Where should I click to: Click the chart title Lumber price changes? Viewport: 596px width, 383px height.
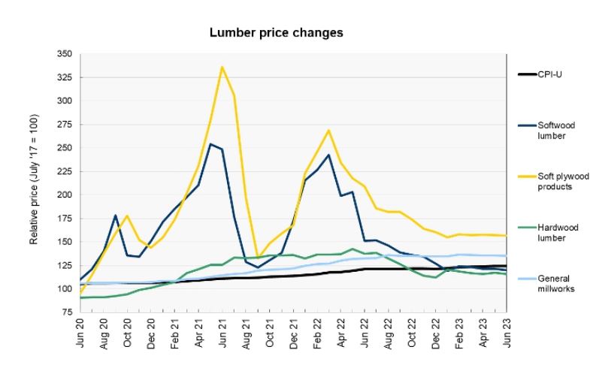276,34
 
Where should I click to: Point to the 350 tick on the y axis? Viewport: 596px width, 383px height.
66,54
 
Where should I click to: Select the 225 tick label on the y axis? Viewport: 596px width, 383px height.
66,172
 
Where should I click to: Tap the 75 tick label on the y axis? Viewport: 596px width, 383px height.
68,312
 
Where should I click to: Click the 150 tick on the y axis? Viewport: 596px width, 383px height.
66,242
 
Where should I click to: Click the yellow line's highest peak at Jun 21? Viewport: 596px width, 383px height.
222,67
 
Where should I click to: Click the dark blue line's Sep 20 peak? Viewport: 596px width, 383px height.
116,216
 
